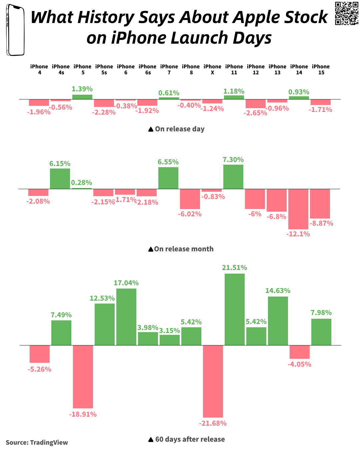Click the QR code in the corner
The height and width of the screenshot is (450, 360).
[346, 13]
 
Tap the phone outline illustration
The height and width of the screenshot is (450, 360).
[15, 30]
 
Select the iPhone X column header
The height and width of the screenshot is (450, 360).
[212, 69]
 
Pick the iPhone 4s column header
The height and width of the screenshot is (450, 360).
[61, 69]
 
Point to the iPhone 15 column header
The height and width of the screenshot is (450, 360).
[321, 69]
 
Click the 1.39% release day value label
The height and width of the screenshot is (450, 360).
[82, 89]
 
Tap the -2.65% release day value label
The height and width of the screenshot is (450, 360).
[255, 113]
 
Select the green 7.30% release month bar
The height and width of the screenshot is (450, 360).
[233, 177]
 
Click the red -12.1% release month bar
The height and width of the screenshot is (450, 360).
[298, 209]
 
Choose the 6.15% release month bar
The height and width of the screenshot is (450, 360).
[60, 179]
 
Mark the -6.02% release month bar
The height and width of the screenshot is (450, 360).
[190, 199]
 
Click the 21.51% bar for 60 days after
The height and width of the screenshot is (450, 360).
[235, 309]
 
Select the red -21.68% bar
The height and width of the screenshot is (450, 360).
[213, 381]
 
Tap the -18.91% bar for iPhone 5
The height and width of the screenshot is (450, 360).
[83, 377]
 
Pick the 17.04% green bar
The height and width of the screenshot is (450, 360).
[126, 317]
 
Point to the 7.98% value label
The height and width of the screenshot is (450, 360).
[321, 313]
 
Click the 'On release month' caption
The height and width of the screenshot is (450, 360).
[183, 249]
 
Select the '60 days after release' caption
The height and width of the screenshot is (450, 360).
[190, 439]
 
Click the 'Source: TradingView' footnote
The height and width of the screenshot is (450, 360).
[37, 443]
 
